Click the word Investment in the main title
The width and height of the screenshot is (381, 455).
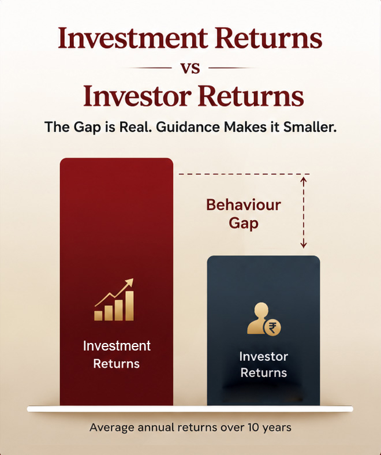(133, 38)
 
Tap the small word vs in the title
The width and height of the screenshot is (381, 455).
(190, 68)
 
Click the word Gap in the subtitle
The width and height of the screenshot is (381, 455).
(87, 128)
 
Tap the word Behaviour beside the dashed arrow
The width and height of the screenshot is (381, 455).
(244, 205)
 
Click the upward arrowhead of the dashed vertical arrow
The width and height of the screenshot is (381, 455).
(304, 180)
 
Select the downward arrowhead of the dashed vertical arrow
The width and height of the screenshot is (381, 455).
(304, 245)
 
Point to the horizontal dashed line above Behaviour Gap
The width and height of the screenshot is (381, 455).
(244, 174)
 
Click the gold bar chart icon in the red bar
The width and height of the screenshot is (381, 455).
(114, 300)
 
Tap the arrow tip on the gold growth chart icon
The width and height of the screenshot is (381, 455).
(131, 281)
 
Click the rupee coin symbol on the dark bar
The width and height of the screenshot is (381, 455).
(272, 327)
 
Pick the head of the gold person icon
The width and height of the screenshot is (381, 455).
(261, 309)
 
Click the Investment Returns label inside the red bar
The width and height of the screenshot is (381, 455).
(117, 355)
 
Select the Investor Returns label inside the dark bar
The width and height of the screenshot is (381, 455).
(263, 364)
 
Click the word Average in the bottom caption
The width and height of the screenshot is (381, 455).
(112, 428)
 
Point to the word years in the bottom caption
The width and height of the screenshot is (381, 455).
(277, 428)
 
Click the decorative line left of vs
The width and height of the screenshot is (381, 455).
(150, 68)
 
